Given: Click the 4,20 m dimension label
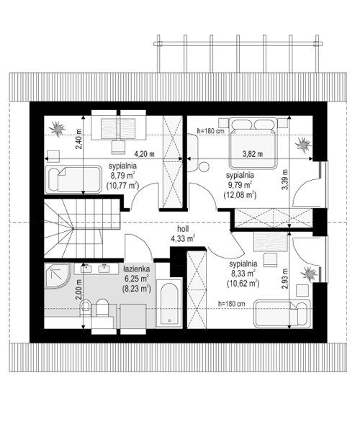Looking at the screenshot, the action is point(144,154).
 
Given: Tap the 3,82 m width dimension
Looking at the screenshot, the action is point(252,154).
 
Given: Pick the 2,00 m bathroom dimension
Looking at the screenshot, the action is point(78,289).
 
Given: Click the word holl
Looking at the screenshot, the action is point(183,229).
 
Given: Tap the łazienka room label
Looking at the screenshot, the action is point(137,269).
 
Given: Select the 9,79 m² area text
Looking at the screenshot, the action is point(240,185).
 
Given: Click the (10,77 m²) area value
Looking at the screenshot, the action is point(122,186).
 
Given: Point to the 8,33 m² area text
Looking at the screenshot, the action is point(243,274).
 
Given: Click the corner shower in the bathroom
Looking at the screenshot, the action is point(58,276).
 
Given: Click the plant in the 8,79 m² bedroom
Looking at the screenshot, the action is point(58,128).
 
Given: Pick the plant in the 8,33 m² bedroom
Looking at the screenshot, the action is point(310,274).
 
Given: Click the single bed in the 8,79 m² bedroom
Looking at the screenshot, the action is point(73,179).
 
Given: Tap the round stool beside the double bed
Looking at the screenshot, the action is point(204,167).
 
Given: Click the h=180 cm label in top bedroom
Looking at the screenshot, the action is point(211,131).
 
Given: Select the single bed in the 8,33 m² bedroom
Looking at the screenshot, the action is point(282,314).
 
